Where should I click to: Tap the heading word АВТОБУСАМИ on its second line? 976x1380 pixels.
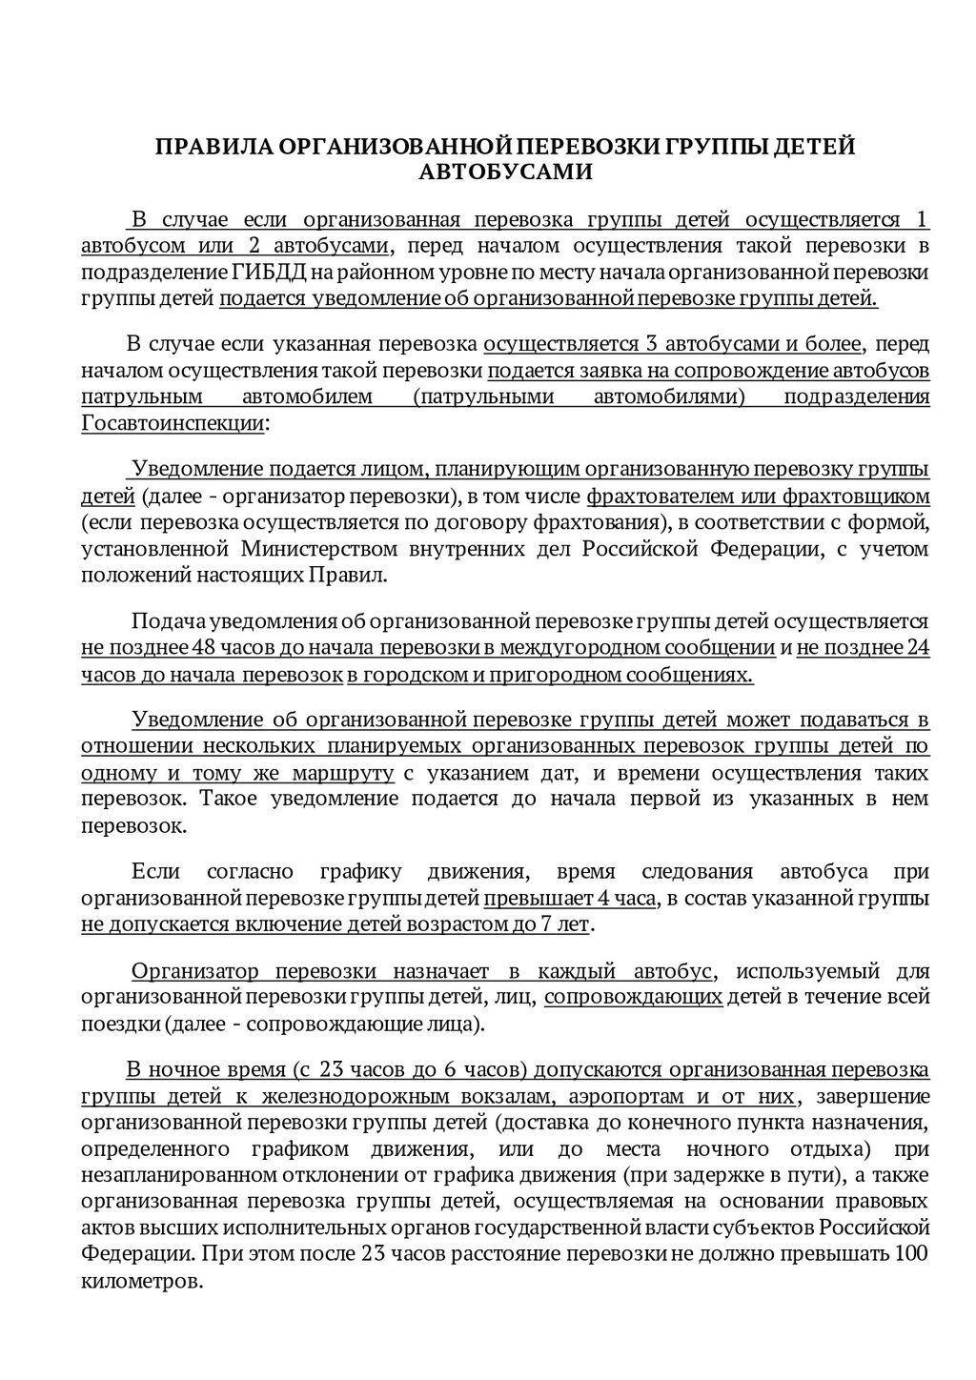[506, 172]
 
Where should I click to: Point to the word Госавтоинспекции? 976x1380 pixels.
[173, 423]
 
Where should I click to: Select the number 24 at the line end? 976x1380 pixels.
[917, 649]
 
